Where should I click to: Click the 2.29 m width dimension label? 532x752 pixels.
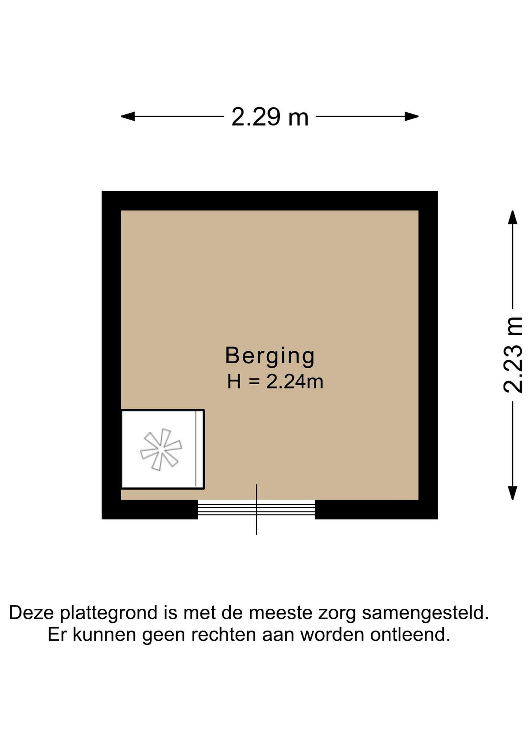[270, 117]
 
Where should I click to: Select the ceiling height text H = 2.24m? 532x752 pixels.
[275, 382]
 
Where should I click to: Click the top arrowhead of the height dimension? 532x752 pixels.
[513, 217]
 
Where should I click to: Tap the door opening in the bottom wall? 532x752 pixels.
[256, 510]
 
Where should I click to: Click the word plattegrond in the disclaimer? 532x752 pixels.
[109, 613]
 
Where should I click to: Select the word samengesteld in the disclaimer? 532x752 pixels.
[425, 613]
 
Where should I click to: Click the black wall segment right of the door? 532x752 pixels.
[376, 510]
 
